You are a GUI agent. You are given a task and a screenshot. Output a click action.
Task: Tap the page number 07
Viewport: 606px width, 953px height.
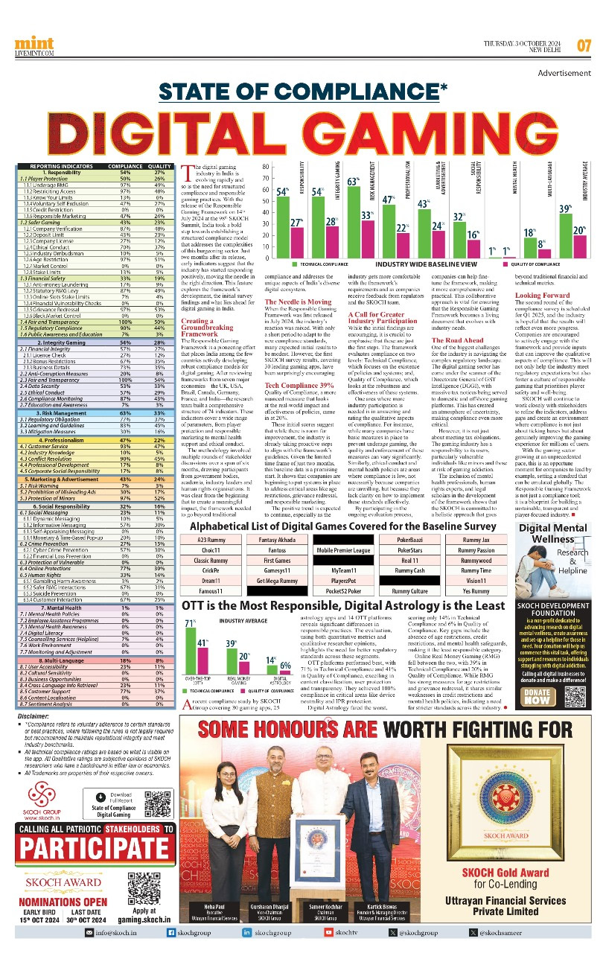coord(584,45)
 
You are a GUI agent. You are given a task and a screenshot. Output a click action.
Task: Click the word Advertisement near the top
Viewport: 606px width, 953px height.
coord(564,74)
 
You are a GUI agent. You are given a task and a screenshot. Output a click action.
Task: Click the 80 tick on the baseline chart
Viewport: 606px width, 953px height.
coord(265,167)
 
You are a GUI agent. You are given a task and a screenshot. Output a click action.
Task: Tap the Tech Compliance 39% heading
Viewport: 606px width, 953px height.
coord(298,385)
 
